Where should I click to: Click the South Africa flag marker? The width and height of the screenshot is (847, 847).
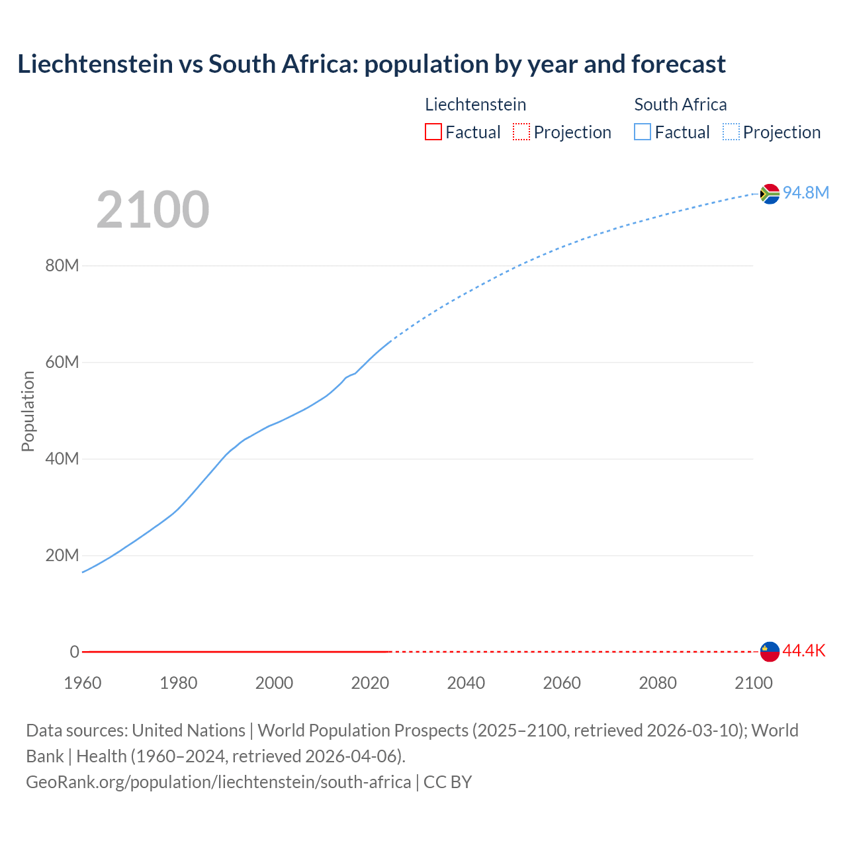click(770, 194)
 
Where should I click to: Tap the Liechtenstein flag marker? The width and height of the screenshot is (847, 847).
click(770, 652)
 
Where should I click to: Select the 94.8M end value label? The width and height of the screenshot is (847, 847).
click(805, 193)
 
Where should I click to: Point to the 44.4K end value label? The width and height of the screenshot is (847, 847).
click(804, 651)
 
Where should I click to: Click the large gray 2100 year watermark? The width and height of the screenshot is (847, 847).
click(153, 210)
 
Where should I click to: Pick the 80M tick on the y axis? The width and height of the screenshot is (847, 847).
click(62, 266)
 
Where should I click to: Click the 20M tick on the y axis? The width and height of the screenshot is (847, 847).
click(62, 555)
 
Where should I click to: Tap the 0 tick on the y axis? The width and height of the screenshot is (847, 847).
click(74, 652)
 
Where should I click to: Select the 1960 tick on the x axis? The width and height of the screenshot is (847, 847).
click(83, 683)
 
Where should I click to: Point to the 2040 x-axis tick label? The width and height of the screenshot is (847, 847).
click(466, 683)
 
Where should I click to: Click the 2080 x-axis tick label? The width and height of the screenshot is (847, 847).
click(658, 683)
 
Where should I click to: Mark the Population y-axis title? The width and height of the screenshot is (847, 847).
click(28, 411)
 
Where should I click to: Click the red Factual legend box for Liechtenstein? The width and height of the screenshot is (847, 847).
click(433, 132)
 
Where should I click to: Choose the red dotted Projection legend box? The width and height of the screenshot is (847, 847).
click(521, 132)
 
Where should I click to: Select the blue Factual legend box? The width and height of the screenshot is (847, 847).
click(643, 132)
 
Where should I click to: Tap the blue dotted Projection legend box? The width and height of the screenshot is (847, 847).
click(731, 132)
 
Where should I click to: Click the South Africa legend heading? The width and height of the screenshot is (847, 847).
click(680, 105)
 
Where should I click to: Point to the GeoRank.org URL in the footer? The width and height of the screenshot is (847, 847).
click(218, 782)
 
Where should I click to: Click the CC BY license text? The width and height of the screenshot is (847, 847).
click(448, 782)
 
